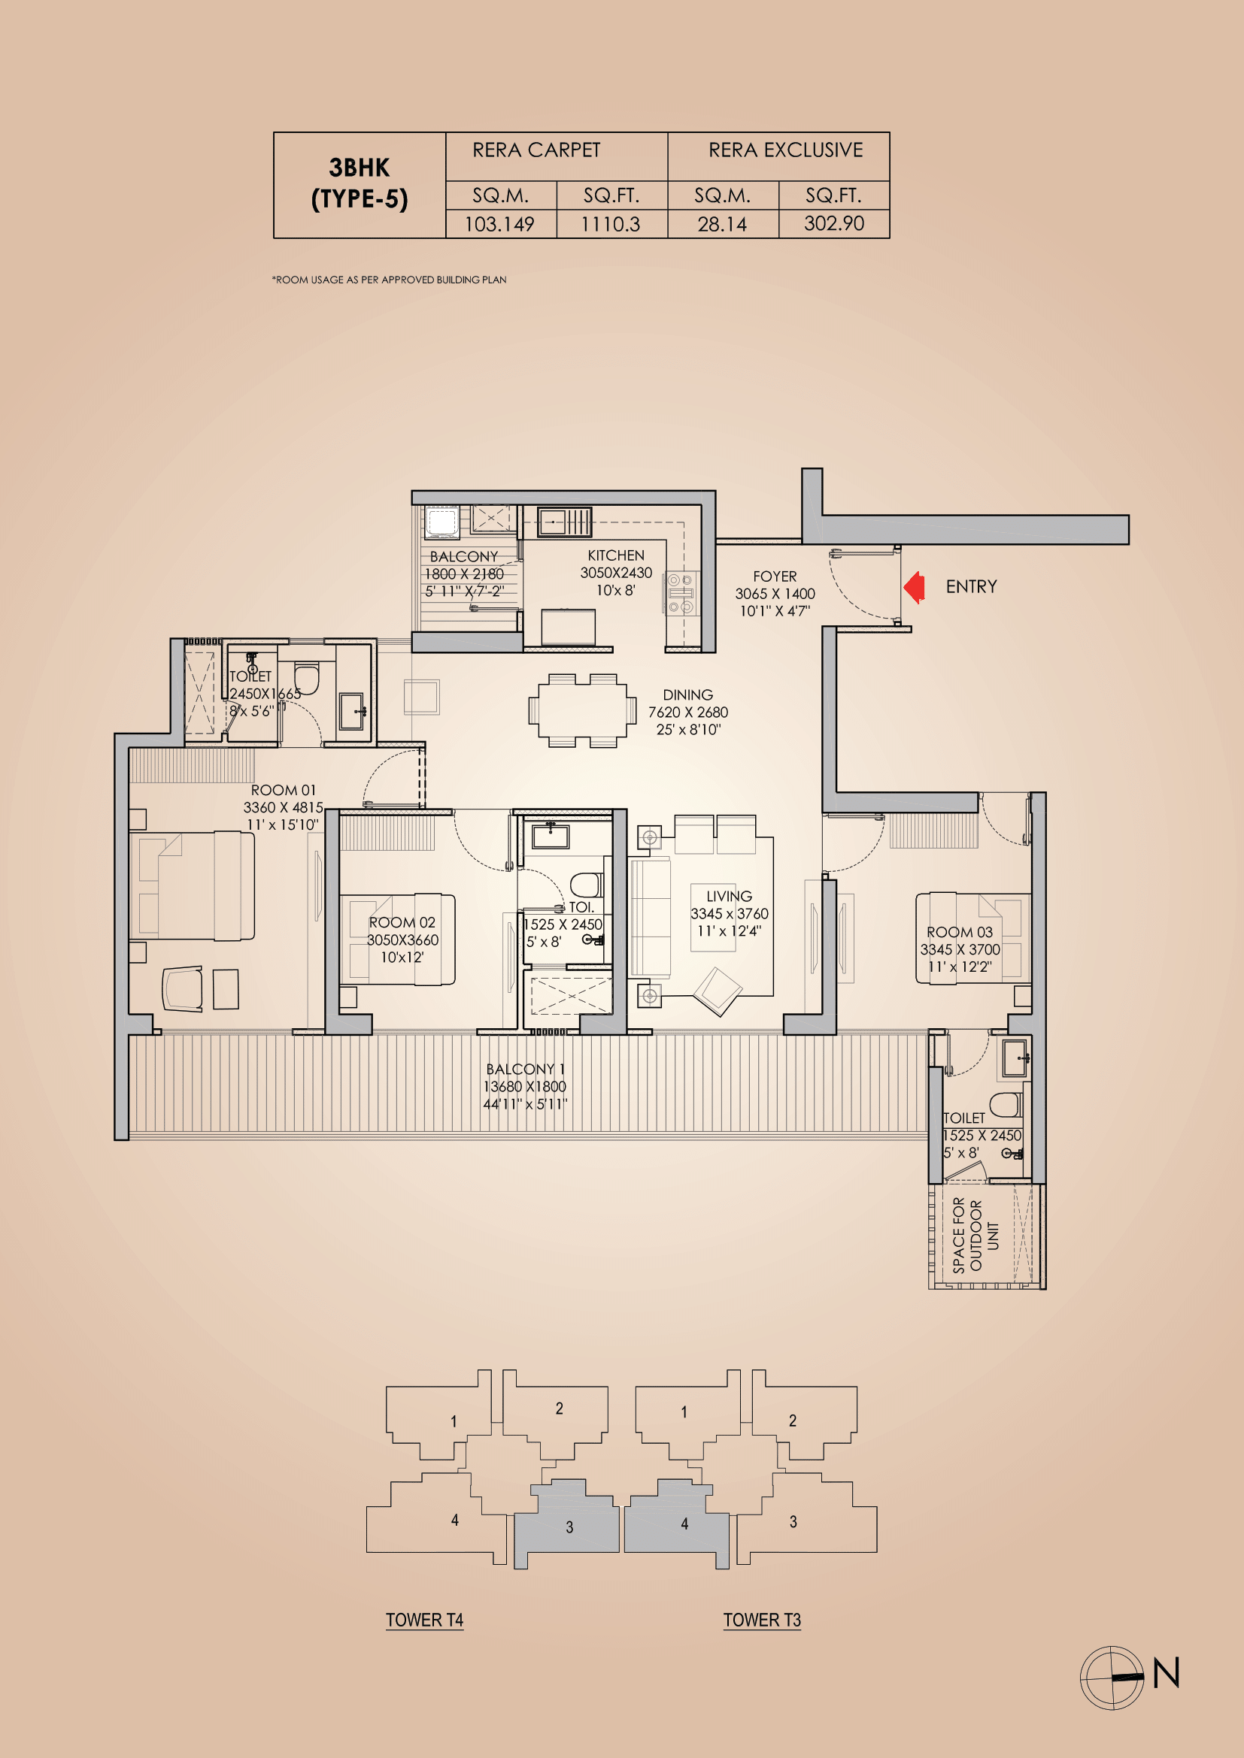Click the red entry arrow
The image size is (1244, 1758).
[x=914, y=587]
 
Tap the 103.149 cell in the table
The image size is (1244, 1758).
[x=499, y=224]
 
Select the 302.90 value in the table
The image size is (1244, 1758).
[x=833, y=223]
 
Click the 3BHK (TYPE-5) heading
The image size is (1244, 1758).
[x=360, y=183]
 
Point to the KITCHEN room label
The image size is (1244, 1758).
[x=616, y=556]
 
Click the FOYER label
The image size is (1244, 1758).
[x=775, y=576]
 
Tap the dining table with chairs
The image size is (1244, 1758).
[x=582, y=710]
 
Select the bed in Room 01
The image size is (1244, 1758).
[x=192, y=885]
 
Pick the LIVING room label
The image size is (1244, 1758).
[x=729, y=897]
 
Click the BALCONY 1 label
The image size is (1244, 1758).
[x=525, y=1070]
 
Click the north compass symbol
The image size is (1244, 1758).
[x=1112, y=1677]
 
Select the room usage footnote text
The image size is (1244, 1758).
[x=389, y=280]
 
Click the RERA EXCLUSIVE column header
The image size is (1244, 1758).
[x=785, y=150]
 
